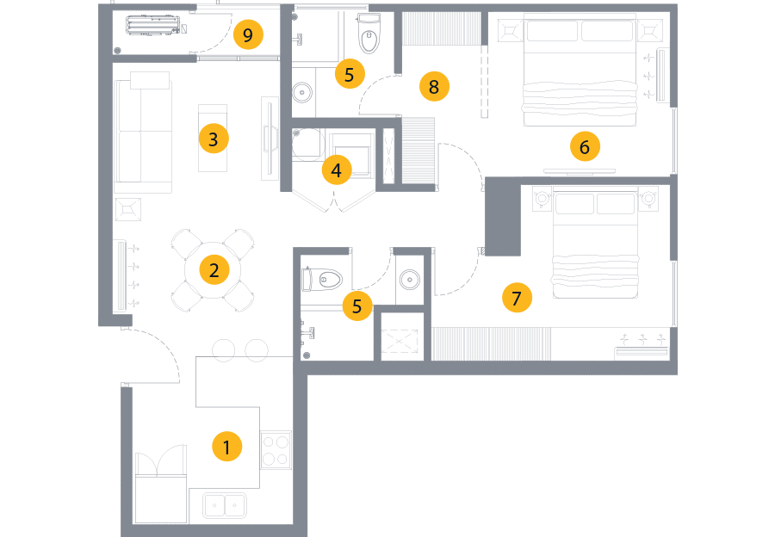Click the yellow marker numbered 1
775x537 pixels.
pos(227,447)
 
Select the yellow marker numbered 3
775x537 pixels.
pos(213,138)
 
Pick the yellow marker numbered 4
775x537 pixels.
pos(337,170)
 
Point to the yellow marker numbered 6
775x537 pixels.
pos(584,147)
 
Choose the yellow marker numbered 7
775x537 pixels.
pos(516,299)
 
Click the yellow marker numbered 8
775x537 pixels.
pos(434,87)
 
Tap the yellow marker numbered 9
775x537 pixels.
pos(248,36)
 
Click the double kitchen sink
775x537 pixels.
pos(225,505)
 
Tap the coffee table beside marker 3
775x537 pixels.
pos(213,138)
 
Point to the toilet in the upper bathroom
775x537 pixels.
pos(369,34)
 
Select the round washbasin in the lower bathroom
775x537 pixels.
pos(410,279)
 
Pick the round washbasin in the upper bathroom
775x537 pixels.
pos(302,91)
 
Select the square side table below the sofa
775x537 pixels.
pos(128,208)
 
